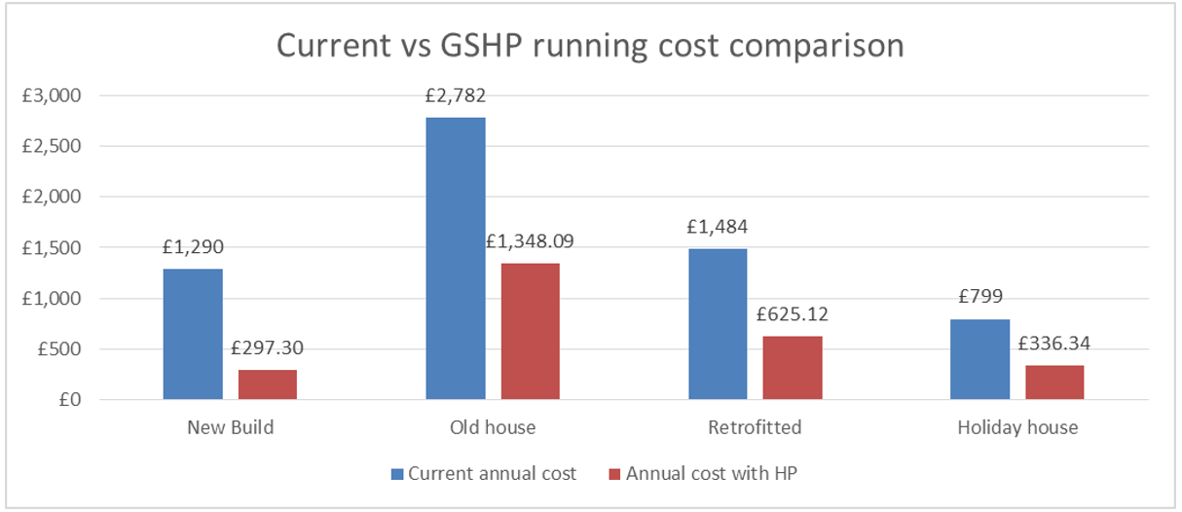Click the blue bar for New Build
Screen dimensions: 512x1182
[x=193, y=334]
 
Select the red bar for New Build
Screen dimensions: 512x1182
[x=268, y=384]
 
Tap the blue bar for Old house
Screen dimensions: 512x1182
[x=456, y=258]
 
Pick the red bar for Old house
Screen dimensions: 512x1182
[x=531, y=331]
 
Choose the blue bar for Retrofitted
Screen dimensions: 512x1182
[x=718, y=324]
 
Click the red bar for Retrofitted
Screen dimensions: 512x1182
[x=793, y=368]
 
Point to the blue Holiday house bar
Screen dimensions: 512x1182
[x=979, y=359]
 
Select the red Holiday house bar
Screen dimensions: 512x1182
[x=1054, y=383]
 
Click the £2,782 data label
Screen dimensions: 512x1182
[x=456, y=96]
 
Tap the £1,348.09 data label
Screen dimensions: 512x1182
[x=531, y=240]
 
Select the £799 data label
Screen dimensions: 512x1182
[x=979, y=297]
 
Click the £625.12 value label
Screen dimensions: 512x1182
[x=793, y=314]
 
